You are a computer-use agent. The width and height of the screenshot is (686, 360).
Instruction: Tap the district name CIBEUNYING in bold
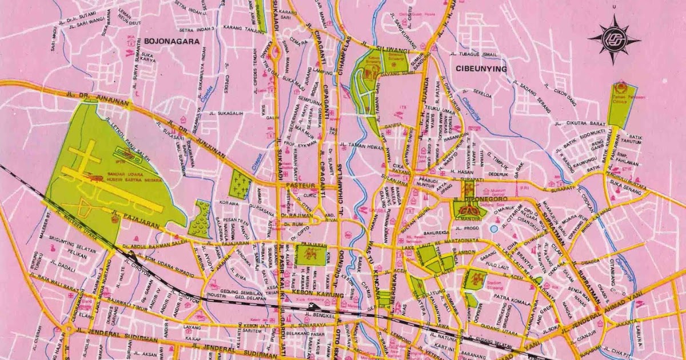click(481, 69)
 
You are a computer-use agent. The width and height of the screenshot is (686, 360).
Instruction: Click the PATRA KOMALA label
click(494, 297)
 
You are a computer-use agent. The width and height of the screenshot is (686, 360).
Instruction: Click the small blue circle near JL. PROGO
click(494, 229)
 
